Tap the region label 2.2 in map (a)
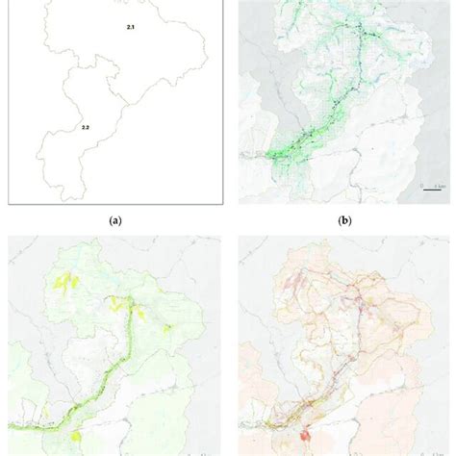point(86,127)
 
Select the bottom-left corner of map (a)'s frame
point(10,203)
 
